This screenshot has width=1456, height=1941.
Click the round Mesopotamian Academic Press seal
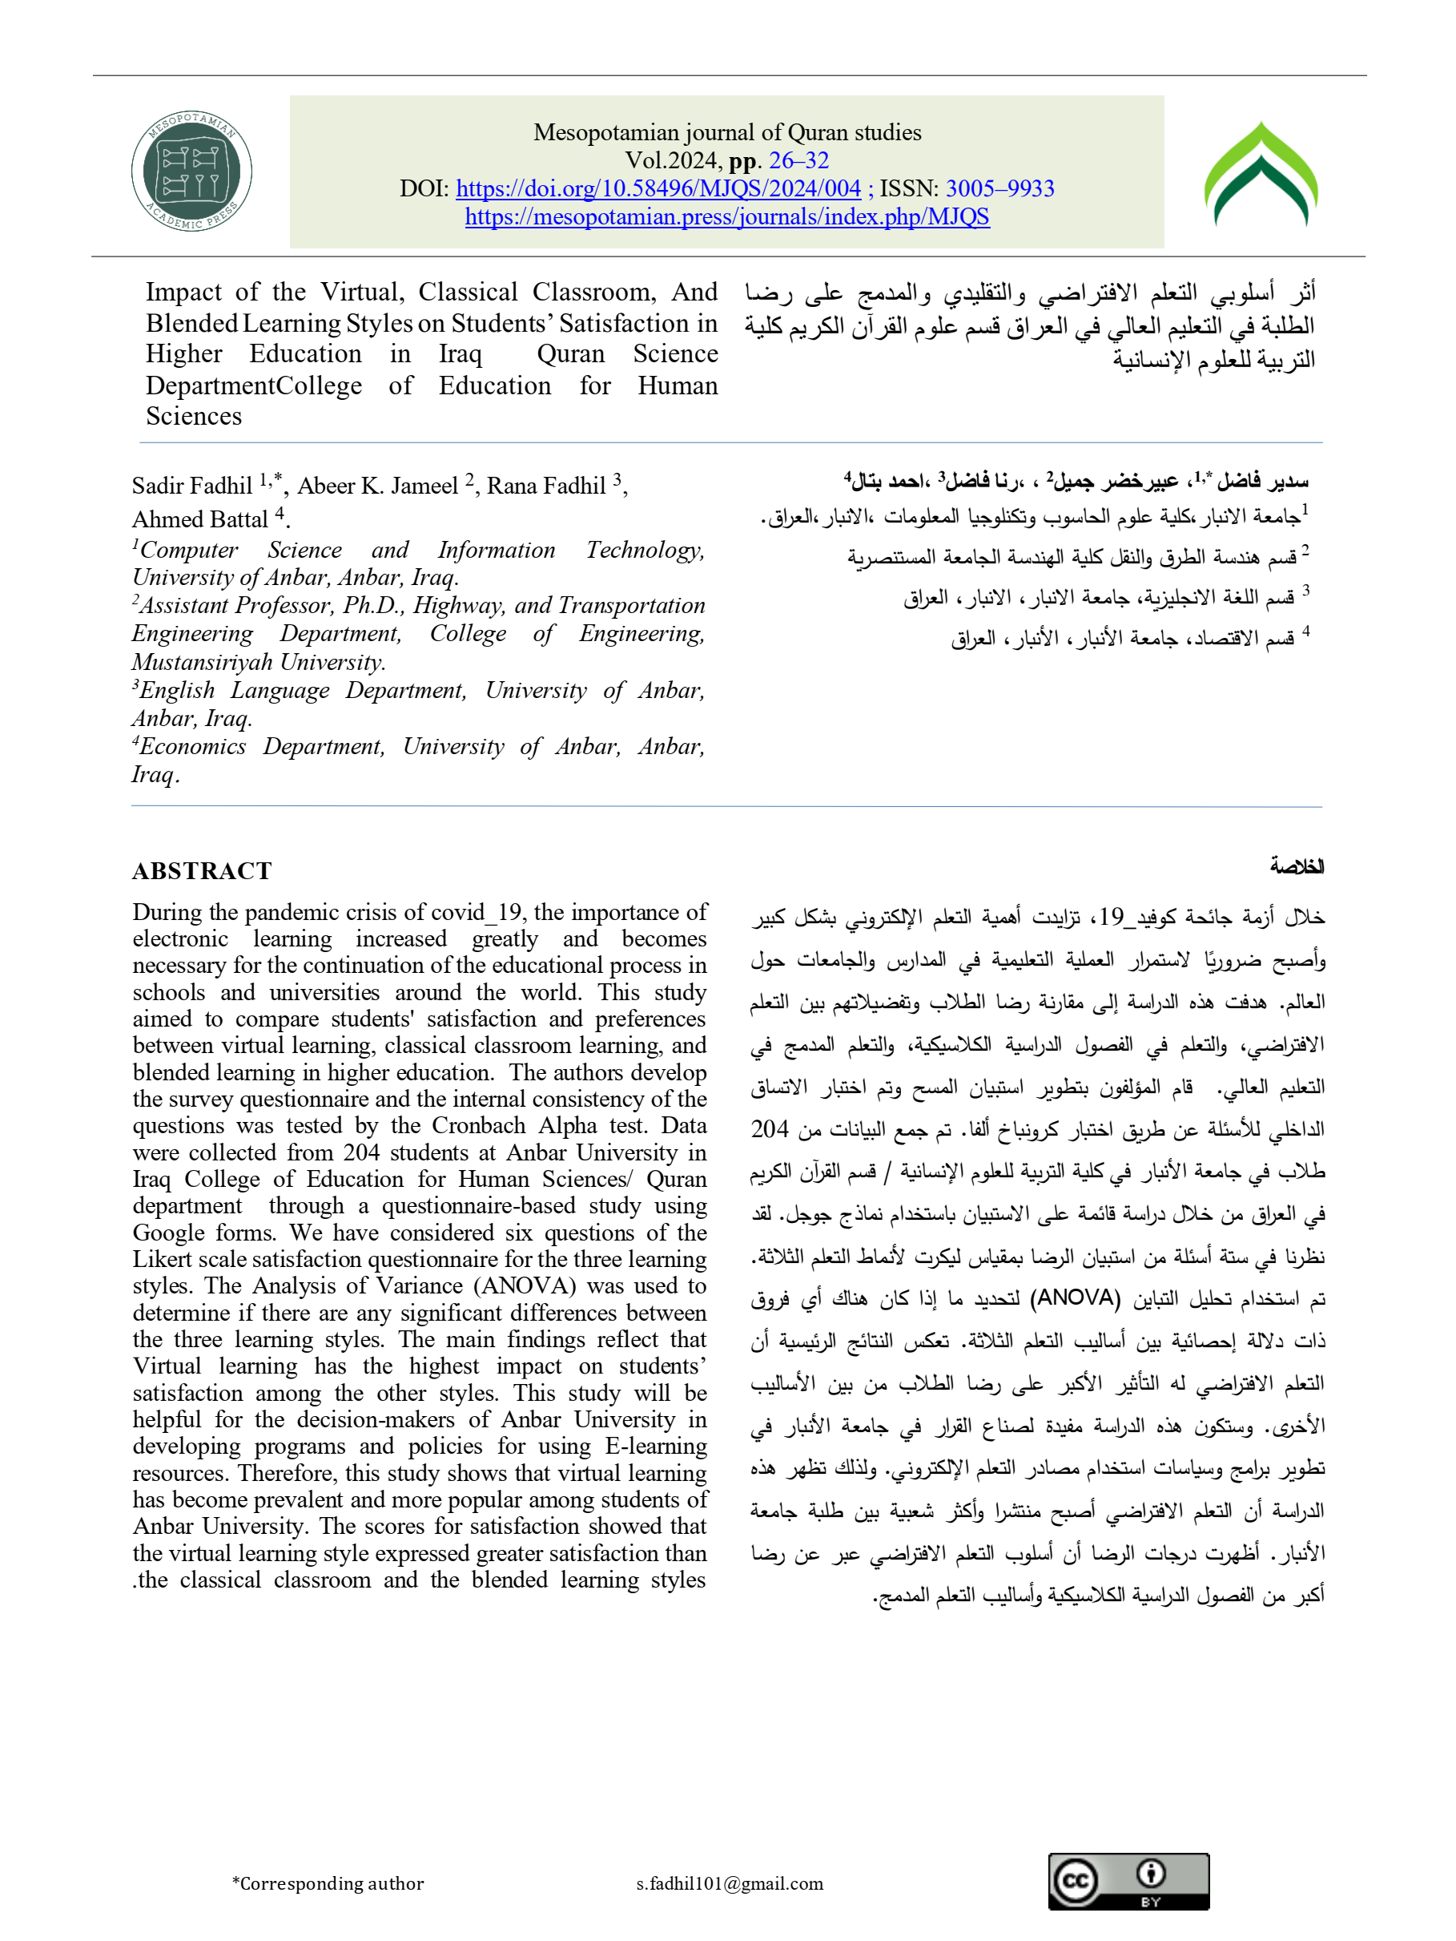tap(191, 172)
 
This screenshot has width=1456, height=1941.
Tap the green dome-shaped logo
tap(1261, 175)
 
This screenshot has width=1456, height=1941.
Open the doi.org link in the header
tap(658, 188)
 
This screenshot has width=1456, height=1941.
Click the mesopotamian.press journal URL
tap(727, 216)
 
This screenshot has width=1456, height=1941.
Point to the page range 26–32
tap(798, 160)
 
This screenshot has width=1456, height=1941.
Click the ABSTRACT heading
tap(202, 870)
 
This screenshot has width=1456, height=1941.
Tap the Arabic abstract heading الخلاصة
tap(1297, 867)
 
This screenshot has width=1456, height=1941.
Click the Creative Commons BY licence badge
tap(1128, 1880)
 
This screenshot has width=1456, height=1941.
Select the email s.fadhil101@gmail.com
tap(730, 1883)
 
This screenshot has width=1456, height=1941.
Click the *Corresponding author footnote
tap(328, 1883)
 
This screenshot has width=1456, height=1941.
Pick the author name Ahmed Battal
tap(200, 519)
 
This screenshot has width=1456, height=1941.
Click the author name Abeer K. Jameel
tap(377, 486)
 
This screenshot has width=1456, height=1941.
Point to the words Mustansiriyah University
tap(258, 662)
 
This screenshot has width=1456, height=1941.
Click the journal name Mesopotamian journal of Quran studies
tap(727, 132)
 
